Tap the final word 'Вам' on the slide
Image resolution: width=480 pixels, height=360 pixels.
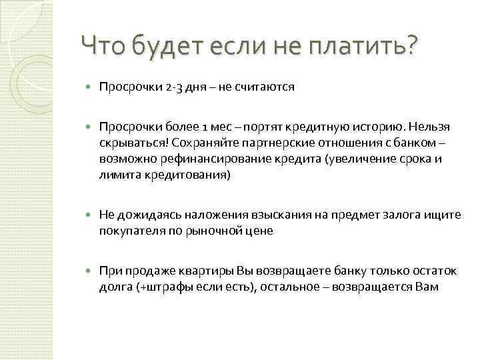click(x=426, y=286)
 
